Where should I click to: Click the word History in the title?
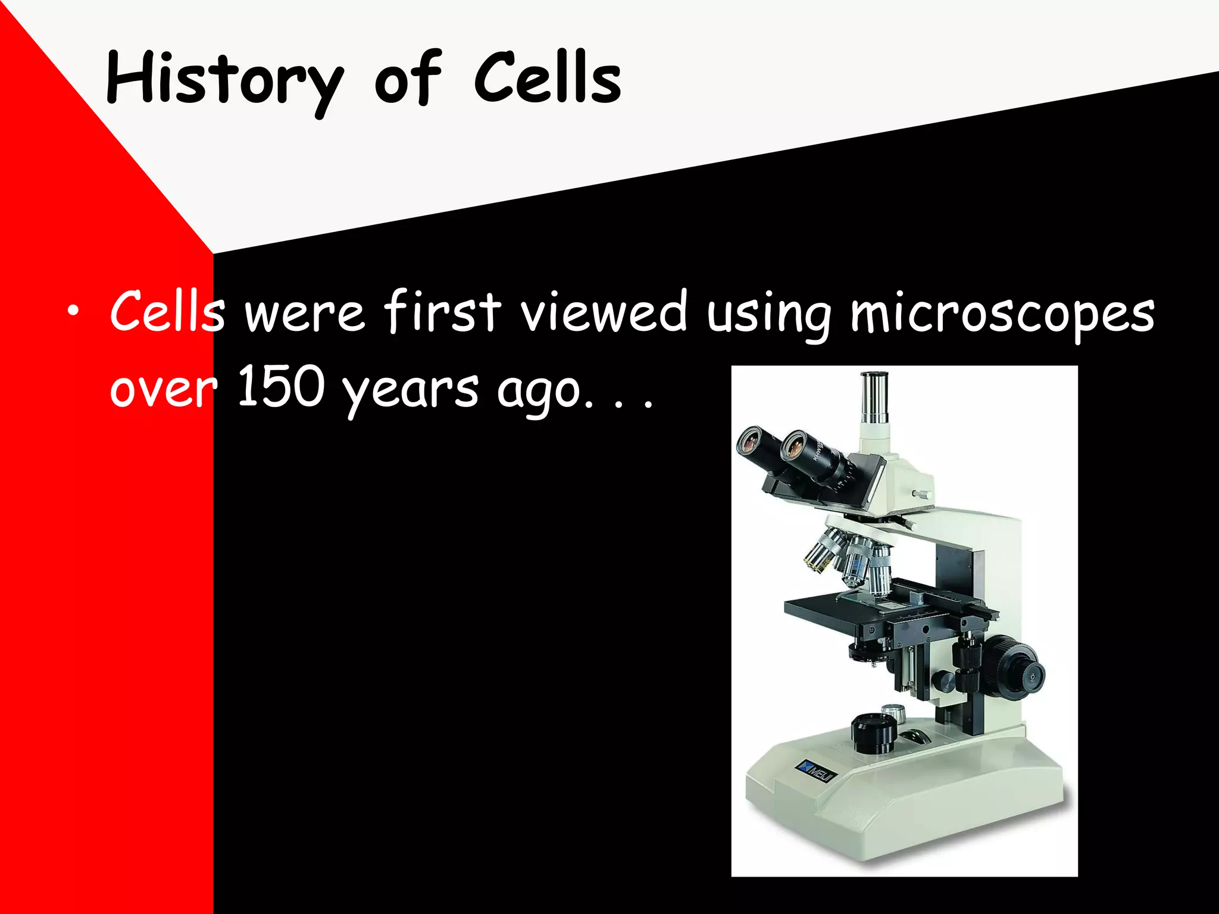(225, 80)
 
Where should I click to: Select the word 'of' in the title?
(407, 80)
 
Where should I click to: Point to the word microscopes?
(1002, 314)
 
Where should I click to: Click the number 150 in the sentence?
(281, 387)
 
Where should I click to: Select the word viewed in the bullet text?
(604, 312)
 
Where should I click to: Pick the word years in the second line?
(411, 390)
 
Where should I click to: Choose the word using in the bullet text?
(768, 314)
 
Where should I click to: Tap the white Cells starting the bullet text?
(167, 312)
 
